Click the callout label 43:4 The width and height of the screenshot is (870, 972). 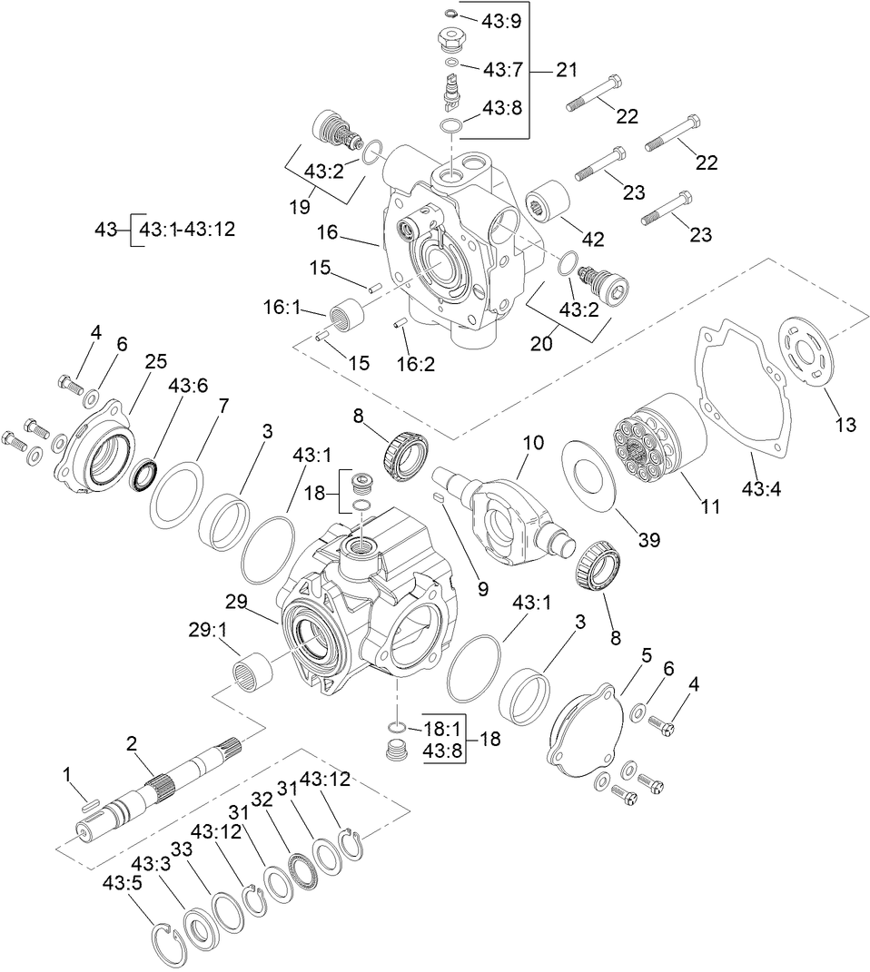pyautogui.click(x=762, y=489)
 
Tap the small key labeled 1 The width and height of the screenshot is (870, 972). pyautogui.click(x=87, y=800)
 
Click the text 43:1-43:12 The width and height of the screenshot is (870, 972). pyautogui.click(x=187, y=230)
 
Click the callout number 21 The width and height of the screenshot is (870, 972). pyautogui.click(x=567, y=70)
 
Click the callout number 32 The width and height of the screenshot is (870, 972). pyautogui.click(x=262, y=799)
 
